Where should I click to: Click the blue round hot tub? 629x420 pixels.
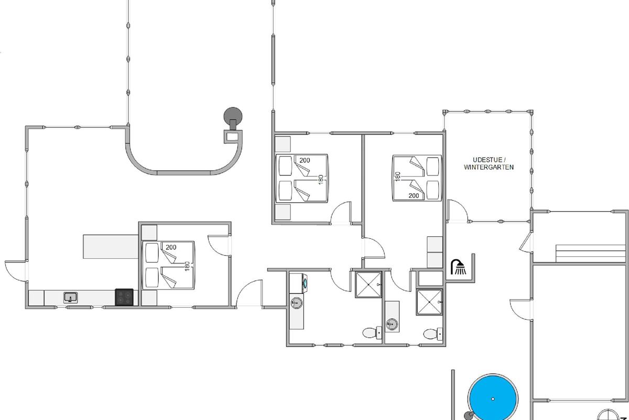(x=493, y=398)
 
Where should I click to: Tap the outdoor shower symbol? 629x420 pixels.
(x=458, y=267)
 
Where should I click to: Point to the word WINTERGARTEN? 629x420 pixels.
(x=489, y=167)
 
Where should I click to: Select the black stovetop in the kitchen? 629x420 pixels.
(x=124, y=297)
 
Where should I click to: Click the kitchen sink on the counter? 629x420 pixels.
(x=70, y=298)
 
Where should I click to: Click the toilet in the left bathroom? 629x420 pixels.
(x=372, y=333)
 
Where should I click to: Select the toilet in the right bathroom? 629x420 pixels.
(x=433, y=334)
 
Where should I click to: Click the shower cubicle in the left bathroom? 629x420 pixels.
(x=368, y=285)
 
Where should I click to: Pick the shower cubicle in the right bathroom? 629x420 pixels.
(x=429, y=302)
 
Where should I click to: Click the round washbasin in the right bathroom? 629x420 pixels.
(x=392, y=324)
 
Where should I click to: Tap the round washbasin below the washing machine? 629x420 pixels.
(x=296, y=303)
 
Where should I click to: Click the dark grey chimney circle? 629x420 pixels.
(x=233, y=116)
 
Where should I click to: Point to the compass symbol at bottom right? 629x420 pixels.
(x=608, y=415)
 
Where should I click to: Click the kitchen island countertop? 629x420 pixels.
(x=111, y=246)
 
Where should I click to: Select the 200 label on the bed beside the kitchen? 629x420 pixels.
(x=171, y=247)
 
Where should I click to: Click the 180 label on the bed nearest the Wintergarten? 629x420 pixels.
(x=397, y=176)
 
